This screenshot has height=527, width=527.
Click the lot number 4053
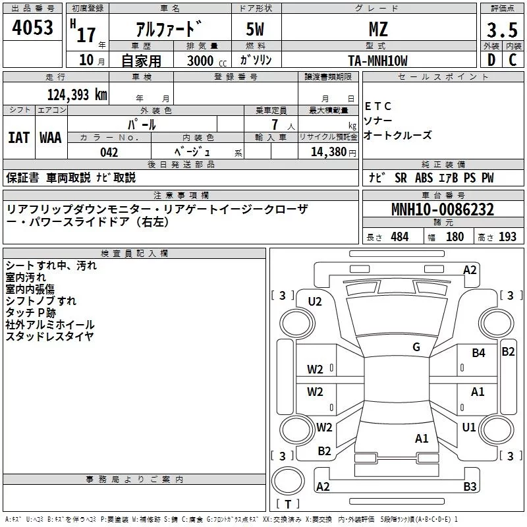[x=33, y=28]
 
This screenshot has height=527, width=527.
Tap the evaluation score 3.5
[x=501, y=30]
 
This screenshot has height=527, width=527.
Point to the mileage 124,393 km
[x=77, y=95]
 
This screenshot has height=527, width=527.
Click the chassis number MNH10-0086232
[x=443, y=210]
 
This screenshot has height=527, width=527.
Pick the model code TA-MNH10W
[x=377, y=61]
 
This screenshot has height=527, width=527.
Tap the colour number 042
[x=109, y=152]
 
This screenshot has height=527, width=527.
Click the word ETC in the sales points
[x=378, y=106]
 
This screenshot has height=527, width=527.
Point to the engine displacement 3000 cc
[x=202, y=61]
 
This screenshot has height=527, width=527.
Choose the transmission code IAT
[x=18, y=138]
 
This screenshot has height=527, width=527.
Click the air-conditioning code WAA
[x=51, y=138]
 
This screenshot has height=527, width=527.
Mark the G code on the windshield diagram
[x=416, y=347]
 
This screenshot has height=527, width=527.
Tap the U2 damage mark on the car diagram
[x=315, y=302]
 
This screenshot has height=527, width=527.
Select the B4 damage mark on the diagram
[x=478, y=353]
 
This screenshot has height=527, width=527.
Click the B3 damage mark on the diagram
[x=470, y=487]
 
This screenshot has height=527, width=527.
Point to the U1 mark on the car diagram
[x=469, y=428]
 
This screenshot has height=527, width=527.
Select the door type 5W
[x=256, y=29]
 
